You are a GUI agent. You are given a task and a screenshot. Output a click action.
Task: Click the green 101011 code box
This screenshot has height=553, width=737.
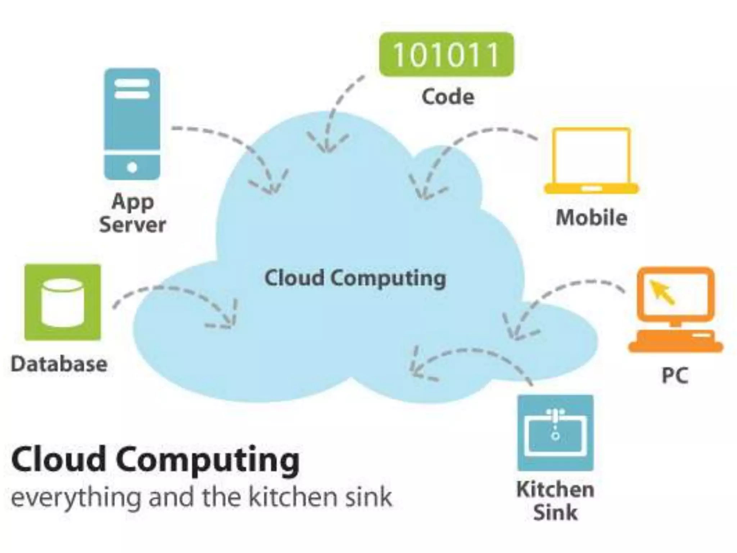tap(446, 54)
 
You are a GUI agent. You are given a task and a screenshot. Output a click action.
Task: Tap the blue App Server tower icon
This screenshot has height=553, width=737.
tap(132, 124)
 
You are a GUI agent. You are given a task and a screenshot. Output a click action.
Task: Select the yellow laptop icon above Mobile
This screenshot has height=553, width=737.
tap(591, 161)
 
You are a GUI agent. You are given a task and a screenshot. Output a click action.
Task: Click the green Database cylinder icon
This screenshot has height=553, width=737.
tap(63, 302)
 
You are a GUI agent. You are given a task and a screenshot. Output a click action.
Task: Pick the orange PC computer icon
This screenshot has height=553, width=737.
tap(675, 310)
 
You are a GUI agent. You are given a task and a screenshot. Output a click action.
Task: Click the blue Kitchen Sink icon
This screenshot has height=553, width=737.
tap(555, 432)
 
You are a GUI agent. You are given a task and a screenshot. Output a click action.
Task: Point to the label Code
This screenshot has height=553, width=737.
tap(448, 97)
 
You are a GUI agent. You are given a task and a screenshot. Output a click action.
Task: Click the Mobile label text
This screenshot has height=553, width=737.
tap(591, 218)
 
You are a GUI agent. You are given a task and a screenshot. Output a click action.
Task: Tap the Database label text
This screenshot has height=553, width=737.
tap(59, 364)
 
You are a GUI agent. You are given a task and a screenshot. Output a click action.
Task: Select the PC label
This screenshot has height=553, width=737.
tap(675, 376)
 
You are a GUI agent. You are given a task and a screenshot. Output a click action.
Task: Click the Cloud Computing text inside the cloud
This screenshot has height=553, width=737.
tap(355, 278)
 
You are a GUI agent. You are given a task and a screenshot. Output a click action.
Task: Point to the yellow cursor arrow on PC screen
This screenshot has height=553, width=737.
tap(661, 292)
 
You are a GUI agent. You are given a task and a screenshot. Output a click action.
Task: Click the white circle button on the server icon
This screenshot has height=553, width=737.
tap(132, 167)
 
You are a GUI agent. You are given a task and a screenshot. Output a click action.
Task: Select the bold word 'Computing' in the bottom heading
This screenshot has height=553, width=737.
tap(208, 460)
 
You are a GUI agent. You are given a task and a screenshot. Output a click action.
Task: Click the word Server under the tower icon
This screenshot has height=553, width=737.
tap(132, 225)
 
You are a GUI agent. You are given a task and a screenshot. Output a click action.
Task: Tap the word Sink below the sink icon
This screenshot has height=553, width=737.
tap(555, 512)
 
